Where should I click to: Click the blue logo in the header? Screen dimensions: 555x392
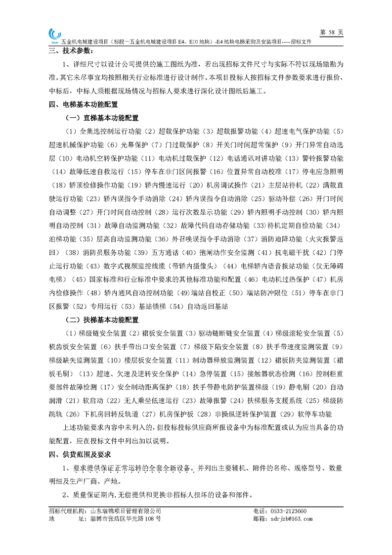(x=53, y=35)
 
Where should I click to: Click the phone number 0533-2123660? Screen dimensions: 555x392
(x=287, y=511)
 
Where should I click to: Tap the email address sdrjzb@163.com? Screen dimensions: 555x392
(x=292, y=519)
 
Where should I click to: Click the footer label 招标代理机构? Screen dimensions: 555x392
(x=67, y=511)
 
